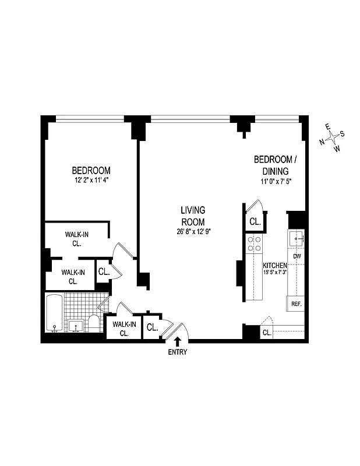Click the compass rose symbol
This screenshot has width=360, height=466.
(332, 137)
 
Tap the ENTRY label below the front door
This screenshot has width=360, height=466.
(177, 352)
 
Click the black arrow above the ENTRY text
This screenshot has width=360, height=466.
(177, 341)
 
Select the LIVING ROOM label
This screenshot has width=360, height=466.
(192, 216)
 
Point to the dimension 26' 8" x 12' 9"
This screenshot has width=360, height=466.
(192, 232)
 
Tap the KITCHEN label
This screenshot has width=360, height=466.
(274, 265)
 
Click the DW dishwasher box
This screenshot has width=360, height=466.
(297, 256)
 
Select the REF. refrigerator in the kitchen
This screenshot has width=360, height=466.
(295, 303)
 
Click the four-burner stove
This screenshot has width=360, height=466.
(255, 243)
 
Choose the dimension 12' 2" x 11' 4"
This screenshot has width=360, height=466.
(91, 181)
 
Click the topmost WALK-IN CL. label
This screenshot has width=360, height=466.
(76, 238)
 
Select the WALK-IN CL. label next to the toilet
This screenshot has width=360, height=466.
(124, 329)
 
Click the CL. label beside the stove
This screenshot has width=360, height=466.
(255, 222)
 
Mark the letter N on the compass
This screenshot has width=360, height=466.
(322, 142)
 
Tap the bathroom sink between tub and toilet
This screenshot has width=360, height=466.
(75, 325)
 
